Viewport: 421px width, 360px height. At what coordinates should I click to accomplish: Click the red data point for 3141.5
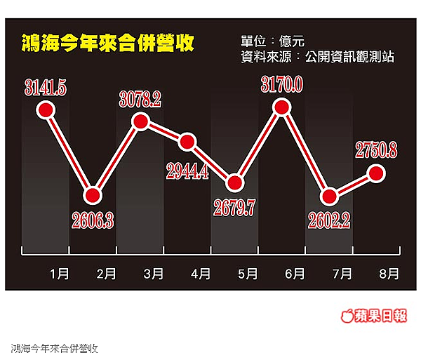[46, 109]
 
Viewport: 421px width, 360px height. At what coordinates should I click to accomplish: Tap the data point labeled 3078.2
[140, 123]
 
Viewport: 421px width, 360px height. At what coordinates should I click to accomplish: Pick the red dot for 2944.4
[187, 142]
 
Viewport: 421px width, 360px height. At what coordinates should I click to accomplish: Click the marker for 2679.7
[234, 183]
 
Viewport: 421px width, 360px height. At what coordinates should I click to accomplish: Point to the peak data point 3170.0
[281, 107]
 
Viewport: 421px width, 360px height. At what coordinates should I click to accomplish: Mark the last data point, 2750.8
[375, 172]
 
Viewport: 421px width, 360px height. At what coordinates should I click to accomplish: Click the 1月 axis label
[60, 273]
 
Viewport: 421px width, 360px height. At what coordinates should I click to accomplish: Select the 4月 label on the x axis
[201, 273]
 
